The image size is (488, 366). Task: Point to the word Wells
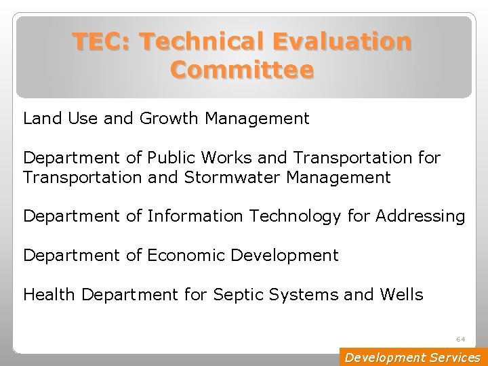401,294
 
